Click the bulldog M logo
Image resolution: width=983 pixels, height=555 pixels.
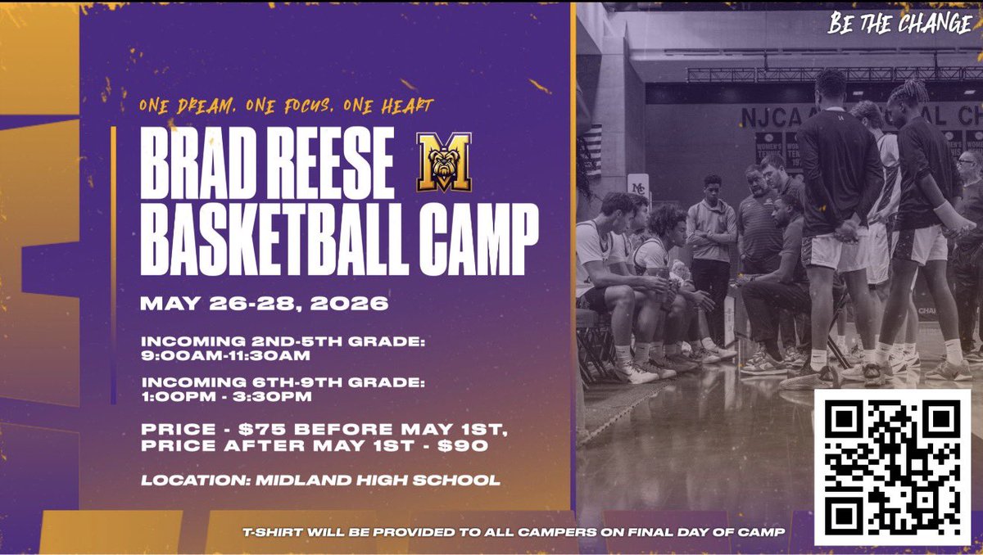443,161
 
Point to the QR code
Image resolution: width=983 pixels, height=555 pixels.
892,466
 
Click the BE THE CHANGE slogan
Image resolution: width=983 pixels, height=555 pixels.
899,24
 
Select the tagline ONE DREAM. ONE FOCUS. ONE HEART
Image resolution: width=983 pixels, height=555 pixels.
286,106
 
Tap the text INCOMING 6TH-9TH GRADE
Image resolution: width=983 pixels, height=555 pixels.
283,381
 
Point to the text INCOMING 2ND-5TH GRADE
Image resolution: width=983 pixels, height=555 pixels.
283,341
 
